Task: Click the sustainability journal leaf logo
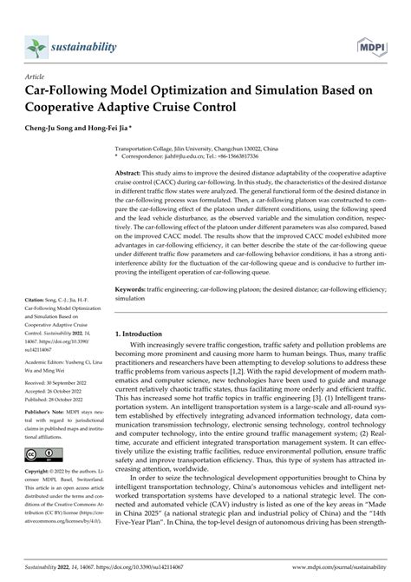(37, 43)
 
